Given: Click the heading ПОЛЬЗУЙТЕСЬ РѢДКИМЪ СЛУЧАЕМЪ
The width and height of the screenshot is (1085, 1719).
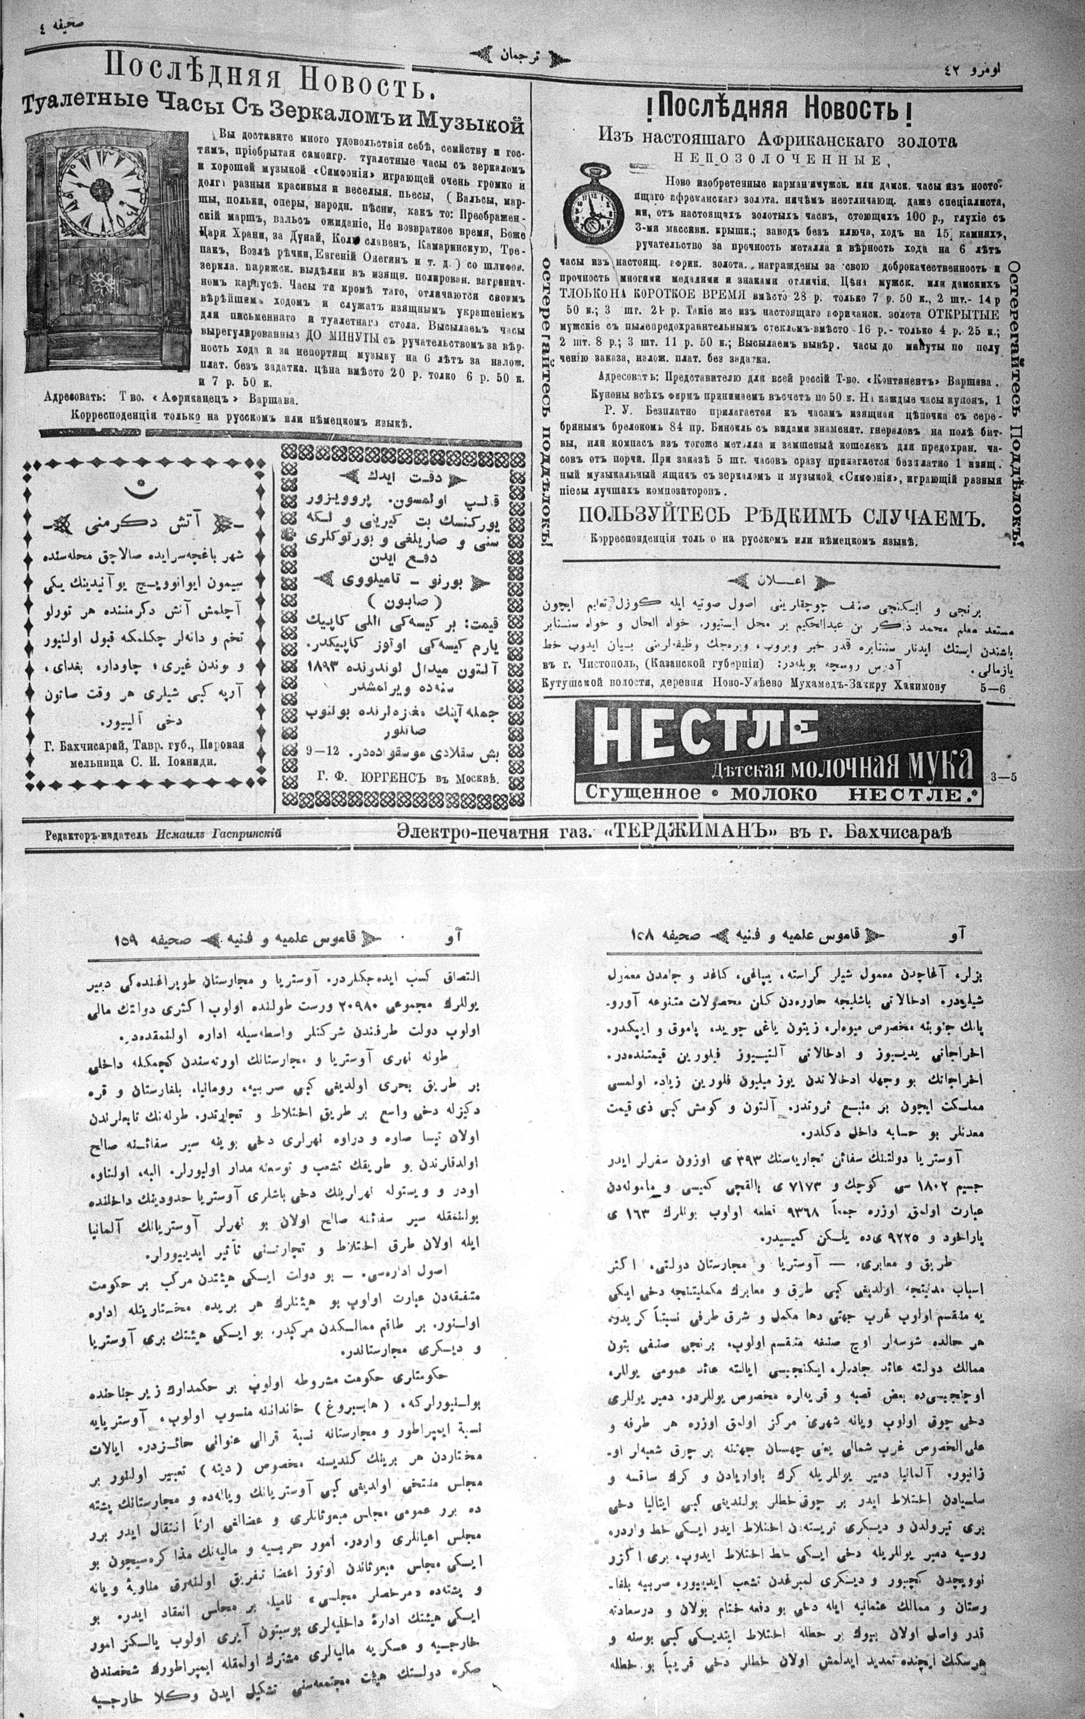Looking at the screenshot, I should tap(781, 518).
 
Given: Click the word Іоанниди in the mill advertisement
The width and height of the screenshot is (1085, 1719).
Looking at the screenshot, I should tap(194, 761).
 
